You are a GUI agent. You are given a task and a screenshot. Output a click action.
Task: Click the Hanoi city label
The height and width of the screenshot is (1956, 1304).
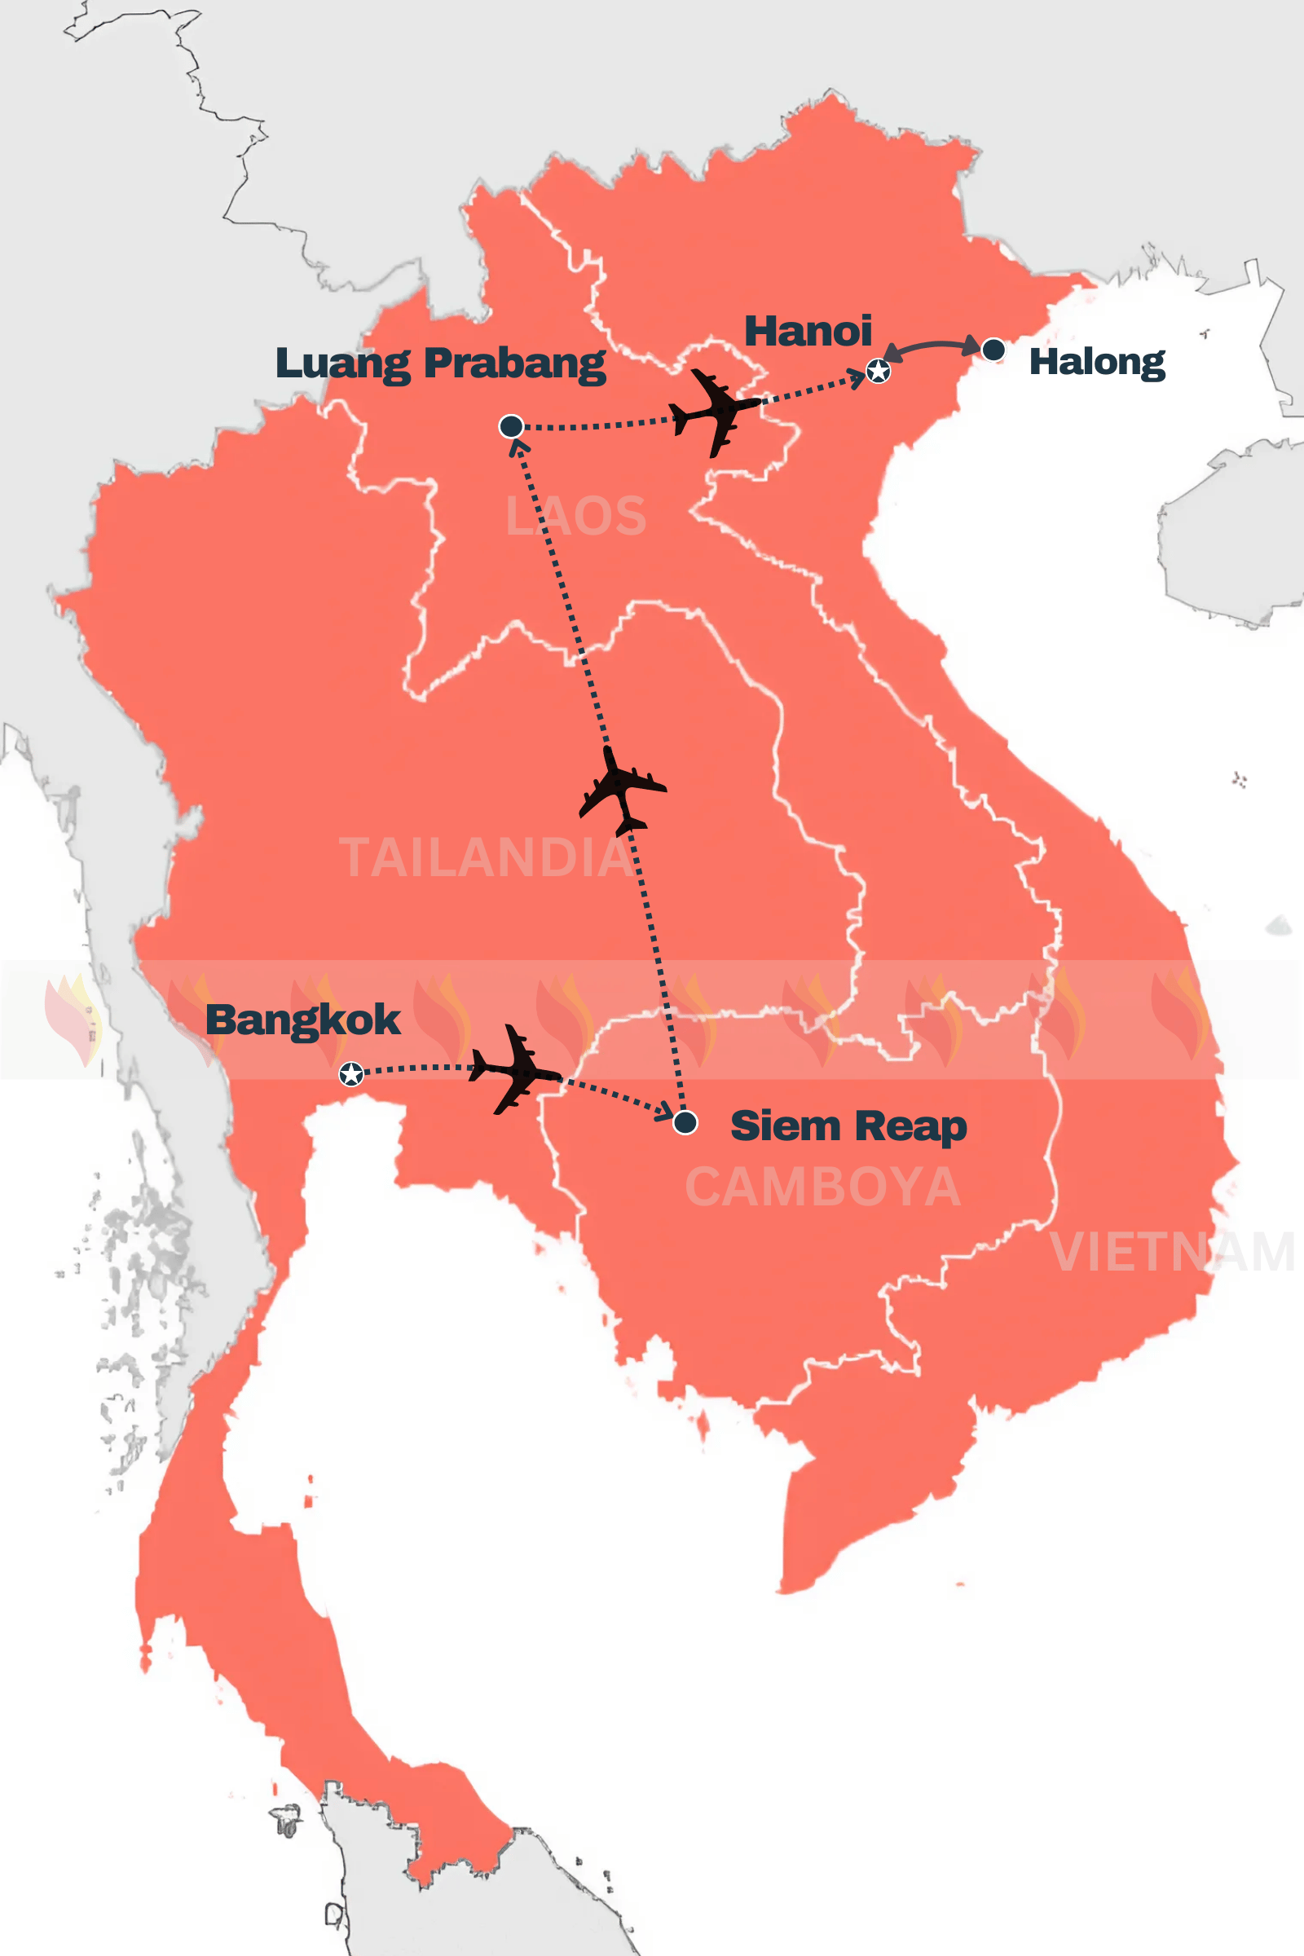tap(808, 332)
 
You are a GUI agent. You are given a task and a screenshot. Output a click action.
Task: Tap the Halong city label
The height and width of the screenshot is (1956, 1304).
tap(1097, 362)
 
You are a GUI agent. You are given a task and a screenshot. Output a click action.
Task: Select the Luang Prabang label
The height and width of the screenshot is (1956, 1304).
tap(440, 363)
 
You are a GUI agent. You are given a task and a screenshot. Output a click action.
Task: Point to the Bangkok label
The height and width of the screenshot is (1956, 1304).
tap(302, 1020)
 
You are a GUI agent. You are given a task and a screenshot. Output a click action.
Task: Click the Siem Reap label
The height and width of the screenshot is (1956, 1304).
tap(848, 1126)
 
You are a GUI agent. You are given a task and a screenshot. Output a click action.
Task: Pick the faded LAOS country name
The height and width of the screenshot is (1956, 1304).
tap(575, 517)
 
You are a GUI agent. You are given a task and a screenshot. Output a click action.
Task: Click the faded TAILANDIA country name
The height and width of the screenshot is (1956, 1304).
tap(486, 857)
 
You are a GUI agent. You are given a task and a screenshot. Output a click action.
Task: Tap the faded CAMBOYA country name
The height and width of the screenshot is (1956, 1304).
tap(822, 1187)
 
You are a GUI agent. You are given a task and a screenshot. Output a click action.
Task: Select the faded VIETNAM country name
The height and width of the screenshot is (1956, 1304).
tap(1172, 1252)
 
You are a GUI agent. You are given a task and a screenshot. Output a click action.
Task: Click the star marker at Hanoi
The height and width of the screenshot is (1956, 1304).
tap(879, 371)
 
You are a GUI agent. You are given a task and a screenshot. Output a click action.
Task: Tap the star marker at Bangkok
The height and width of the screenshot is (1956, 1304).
tap(352, 1074)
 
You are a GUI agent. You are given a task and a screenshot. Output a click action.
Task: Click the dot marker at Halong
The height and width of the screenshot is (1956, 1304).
tap(993, 350)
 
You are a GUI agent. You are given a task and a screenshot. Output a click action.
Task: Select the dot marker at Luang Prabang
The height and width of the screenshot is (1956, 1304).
tap(511, 426)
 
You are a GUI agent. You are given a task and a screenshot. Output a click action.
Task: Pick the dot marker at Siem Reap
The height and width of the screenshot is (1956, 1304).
tap(685, 1123)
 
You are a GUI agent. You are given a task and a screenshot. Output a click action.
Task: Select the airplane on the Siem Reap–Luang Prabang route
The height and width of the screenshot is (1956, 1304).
tap(621, 790)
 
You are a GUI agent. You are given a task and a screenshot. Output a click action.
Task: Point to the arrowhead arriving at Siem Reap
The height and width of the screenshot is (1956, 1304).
tap(665, 1111)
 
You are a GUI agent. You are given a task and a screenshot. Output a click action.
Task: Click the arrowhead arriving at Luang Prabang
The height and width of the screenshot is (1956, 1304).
tap(518, 447)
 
